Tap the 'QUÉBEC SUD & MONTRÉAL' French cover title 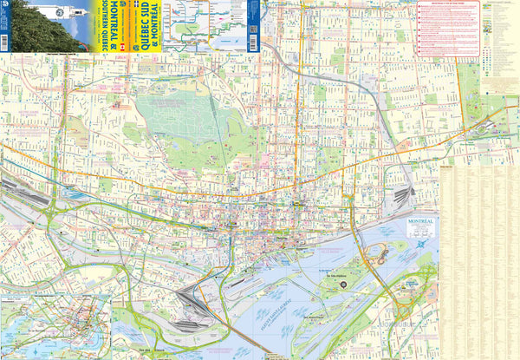point(148,26)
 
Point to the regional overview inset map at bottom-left point(55,326)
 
